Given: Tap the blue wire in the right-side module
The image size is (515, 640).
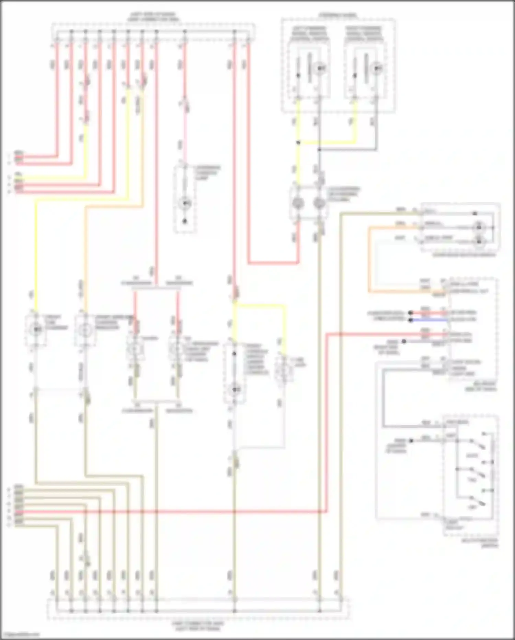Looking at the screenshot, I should click(x=429, y=320).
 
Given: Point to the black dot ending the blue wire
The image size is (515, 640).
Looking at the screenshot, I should click(x=410, y=320).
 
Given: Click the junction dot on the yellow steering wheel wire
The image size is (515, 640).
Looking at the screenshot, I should click(x=298, y=142).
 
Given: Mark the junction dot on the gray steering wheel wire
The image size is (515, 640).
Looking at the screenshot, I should click(x=319, y=150).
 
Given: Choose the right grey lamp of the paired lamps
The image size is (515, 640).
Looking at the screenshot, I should click(x=319, y=203).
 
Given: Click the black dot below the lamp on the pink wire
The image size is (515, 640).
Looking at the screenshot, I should click(x=185, y=221).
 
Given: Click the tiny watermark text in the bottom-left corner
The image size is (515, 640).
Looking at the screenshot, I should click(x=20, y=635).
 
